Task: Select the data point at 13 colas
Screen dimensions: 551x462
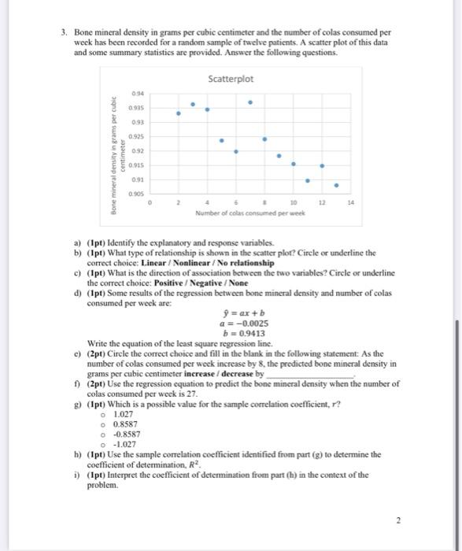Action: pos(337,187)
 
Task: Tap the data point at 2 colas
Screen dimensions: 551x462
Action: pos(178,113)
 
